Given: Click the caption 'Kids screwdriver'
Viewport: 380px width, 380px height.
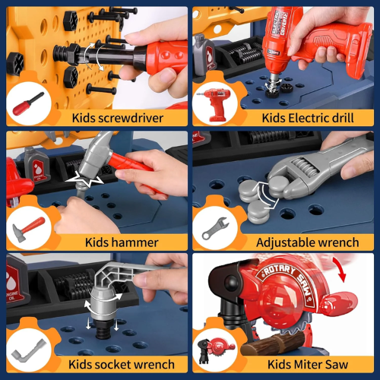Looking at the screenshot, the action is pyautogui.click(x=118, y=118).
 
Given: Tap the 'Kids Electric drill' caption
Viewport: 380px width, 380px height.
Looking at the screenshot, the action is pyautogui.click(x=308, y=118).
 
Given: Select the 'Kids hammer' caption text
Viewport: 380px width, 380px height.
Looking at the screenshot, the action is pyautogui.click(x=122, y=242).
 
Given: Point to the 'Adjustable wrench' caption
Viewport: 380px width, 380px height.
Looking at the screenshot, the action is pyautogui.click(x=308, y=242).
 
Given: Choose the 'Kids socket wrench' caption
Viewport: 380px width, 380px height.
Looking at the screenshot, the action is pyautogui.click(x=122, y=365).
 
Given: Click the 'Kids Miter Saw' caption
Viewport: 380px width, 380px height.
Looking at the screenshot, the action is pyautogui.click(x=308, y=365).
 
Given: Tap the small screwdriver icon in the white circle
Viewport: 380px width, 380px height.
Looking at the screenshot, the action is pyautogui.click(x=28, y=104).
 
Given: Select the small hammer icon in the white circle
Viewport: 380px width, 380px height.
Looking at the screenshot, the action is pyautogui.click(x=28, y=229).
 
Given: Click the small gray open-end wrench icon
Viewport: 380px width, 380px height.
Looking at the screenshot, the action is pyautogui.click(x=215, y=228).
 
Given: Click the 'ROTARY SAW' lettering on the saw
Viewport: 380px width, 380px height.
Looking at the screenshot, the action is pyautogui.click(x=289, y=281).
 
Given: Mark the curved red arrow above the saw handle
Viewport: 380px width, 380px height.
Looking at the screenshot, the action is pyautogui.click(x=340, y=268).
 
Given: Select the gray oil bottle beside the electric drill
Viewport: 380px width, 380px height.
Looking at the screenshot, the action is pyautogui.click(x=204, y=55).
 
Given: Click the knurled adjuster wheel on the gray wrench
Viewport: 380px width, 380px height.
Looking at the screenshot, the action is pyautogui.click(x=306, y=167).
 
